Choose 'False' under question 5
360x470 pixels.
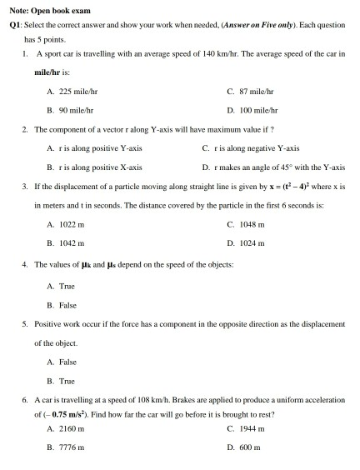coord(67,362)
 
